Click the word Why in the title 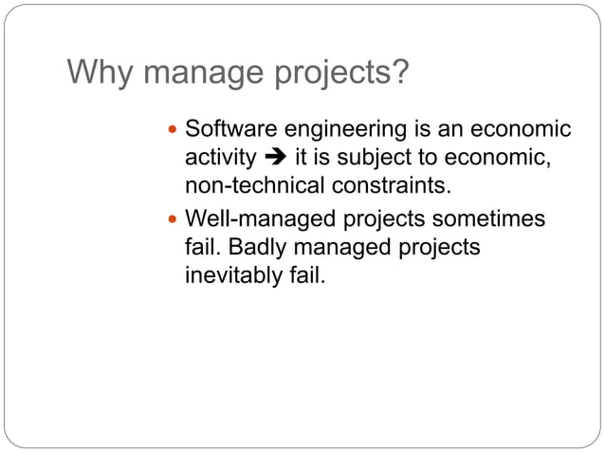(x=96, y=72)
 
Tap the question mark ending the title (x=401, y=72)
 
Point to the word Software (x=226, y=128)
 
